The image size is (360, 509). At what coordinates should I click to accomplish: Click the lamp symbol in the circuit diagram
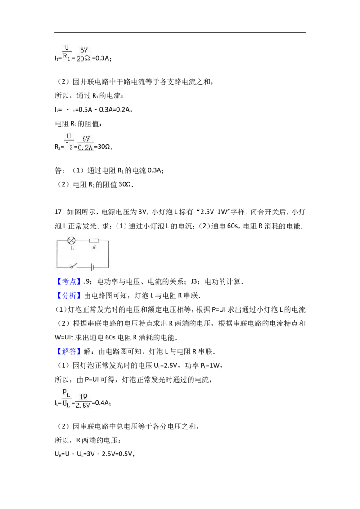72,241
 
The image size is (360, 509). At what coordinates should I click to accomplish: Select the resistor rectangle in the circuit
94,241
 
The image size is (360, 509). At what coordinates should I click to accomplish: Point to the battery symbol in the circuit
92,268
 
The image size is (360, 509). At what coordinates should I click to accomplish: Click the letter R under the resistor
94,247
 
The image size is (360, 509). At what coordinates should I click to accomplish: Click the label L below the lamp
72,247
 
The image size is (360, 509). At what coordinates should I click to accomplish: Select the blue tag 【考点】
67,281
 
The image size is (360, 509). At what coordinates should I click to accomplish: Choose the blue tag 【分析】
67,295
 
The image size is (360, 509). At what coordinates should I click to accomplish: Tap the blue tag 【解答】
67,352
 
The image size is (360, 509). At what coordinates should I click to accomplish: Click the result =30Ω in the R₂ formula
103,147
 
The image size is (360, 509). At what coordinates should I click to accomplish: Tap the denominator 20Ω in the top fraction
84,59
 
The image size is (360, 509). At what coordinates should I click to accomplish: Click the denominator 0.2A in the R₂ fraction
86,147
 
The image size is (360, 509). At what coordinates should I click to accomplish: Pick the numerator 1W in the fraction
84,397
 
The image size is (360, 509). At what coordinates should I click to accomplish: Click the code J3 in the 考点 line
194,281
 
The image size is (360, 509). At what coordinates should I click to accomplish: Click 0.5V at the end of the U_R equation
126,454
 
